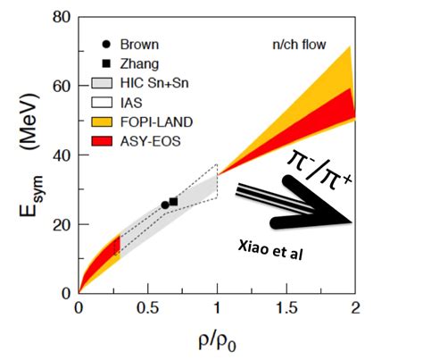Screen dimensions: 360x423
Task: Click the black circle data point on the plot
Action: [x=164, y=205]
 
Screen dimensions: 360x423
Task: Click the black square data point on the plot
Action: [x=173, y=202]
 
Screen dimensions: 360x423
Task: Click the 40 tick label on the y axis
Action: [x=62, y=155]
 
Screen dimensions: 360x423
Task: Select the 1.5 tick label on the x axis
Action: [x=286, y=308]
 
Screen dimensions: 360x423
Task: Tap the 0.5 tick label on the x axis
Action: [x=147, y=308]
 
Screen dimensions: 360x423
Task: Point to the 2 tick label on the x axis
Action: [x=355, y=308]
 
